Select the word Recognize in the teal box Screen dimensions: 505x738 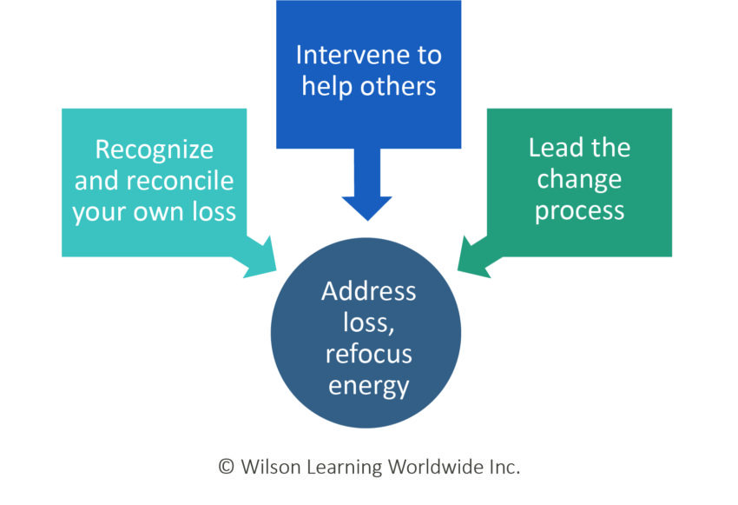click(x=154, y=150)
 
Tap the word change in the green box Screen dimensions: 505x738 click(x=579, y=180)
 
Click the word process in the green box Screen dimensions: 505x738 click(x=579, y=212)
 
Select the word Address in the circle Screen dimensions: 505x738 click(x=368, y=291)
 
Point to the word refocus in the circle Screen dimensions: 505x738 click(x=368, y=354)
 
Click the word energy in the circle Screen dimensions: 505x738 click(x=368, y=385)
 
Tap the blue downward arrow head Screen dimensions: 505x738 click(x=368, y=207)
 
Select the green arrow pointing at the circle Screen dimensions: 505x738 click(x=476, y=256)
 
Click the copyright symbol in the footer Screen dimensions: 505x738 click(x=226, y=467)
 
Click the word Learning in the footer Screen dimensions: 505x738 click(x=341, y=467)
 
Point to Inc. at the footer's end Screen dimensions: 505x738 click(x=501, y=467)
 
